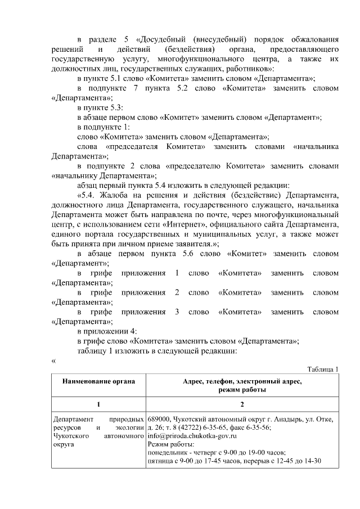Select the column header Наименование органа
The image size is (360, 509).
click(98, 381)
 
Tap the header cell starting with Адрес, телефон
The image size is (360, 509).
click(242, 385)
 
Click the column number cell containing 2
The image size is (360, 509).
click(242, 404)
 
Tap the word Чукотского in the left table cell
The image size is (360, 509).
click(70, 435)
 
